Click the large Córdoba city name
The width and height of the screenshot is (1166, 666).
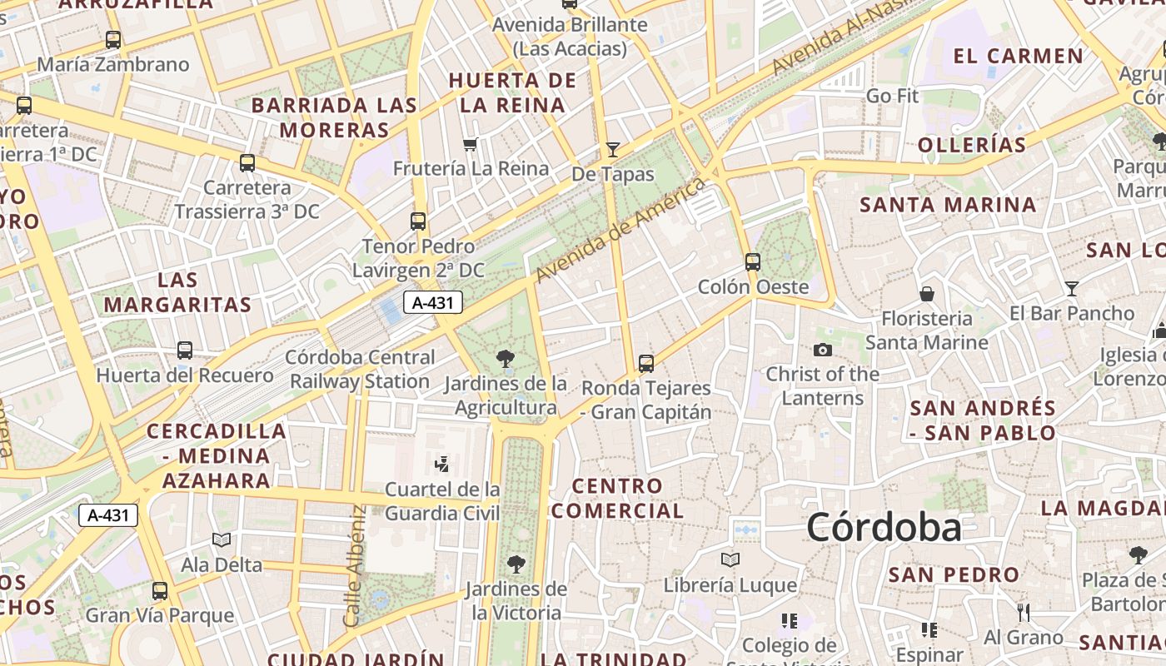pos(884,528)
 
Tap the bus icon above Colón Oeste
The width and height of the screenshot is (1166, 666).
pos(753,262)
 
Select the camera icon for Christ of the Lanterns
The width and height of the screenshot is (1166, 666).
pos(823,350)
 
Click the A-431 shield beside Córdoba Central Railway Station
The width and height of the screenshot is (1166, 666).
pos(433,302)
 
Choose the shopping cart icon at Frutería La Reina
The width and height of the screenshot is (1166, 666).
pos(470,145)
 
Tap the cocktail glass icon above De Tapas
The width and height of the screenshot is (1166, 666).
pos(613,150)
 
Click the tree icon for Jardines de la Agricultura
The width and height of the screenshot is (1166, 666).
pos(505,359)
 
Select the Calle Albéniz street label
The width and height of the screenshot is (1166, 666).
pos(354,566)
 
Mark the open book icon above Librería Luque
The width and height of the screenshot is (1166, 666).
pos(730,560)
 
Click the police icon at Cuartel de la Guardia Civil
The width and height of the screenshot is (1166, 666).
pos(442,464)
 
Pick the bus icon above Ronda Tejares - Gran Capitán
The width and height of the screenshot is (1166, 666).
pos(646,363)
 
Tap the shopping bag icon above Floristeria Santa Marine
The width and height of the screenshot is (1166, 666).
pos(926,294)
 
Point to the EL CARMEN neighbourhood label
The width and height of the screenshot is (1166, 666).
pos(1019,57)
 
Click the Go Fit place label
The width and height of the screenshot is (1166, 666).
pos(892,96)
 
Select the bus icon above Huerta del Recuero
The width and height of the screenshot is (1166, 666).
pos(185,350)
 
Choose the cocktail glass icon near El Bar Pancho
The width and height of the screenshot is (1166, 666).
pos(1071,289)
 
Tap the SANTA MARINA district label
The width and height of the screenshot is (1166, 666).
pos(948,205)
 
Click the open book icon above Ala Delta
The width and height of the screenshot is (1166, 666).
pos(222,540)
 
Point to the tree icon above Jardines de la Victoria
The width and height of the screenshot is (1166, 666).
pos(516,564)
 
